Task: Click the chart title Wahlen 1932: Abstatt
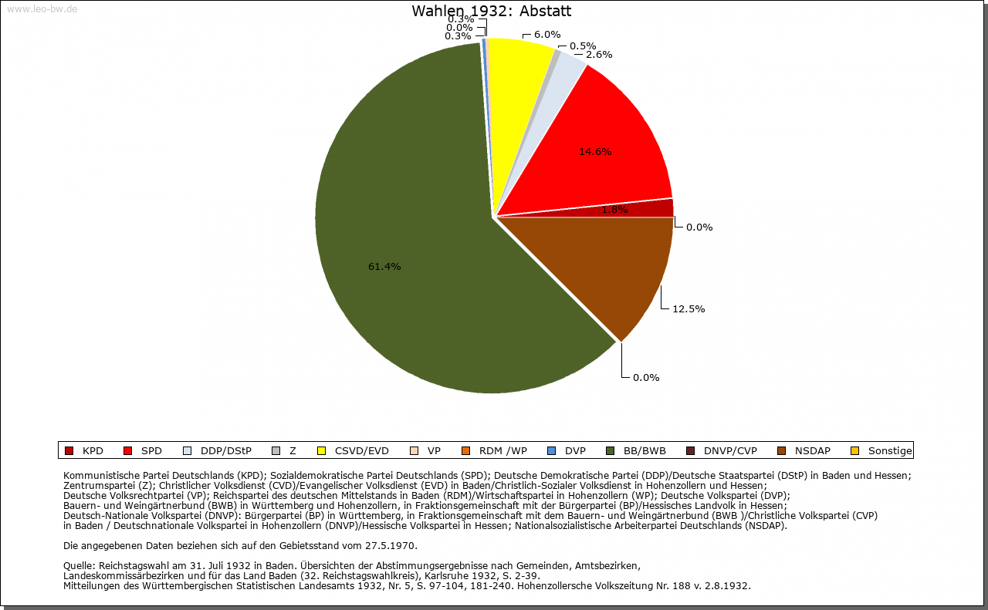(x=492, y=12)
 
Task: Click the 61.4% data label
(x=384, y=267)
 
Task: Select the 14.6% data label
(x=595, y=152)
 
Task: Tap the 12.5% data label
(x=689, y=309)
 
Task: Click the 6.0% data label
(x=547, y=34)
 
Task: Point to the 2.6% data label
(x=599, y=55)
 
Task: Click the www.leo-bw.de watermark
(x=42, y=9)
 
